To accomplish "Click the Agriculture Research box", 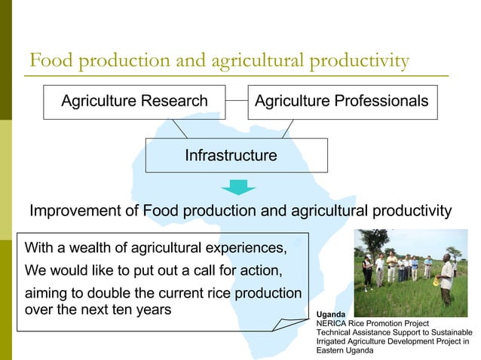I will coord(134,101).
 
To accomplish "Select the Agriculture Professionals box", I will coord(342,101).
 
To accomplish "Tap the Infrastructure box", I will coord(236,156).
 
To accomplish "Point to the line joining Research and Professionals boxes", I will coord(237,100).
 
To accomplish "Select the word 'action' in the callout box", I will coord(256,270).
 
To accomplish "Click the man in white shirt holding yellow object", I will coord(446,278).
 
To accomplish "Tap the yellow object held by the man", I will coord(436,282).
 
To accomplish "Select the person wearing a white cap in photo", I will coord(367,270).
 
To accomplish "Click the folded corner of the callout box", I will coord(286,324).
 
